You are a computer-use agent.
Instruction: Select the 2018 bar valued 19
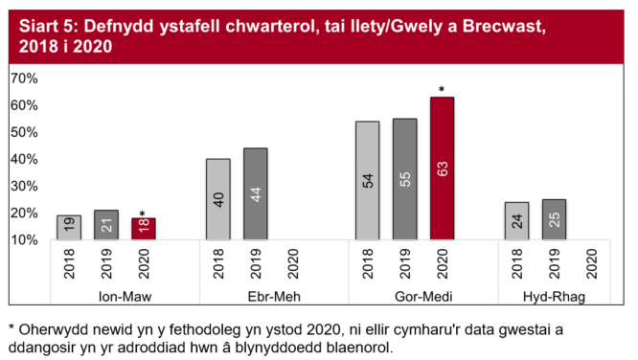click(69, 227)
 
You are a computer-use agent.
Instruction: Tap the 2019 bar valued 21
click(105, 225)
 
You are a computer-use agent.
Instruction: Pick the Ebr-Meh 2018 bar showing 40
click(217, 199)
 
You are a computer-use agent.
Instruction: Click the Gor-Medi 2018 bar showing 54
click(368, 180)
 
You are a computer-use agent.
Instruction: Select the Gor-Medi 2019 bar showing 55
click(404, 179)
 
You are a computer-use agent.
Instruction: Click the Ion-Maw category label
click(105, 296)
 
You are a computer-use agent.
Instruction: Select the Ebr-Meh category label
click(255, 296)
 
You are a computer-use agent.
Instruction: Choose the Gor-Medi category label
click(404, 296)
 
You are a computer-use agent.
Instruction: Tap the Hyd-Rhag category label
click(554, 296)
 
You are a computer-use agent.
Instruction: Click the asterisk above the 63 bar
click(442, 91)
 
